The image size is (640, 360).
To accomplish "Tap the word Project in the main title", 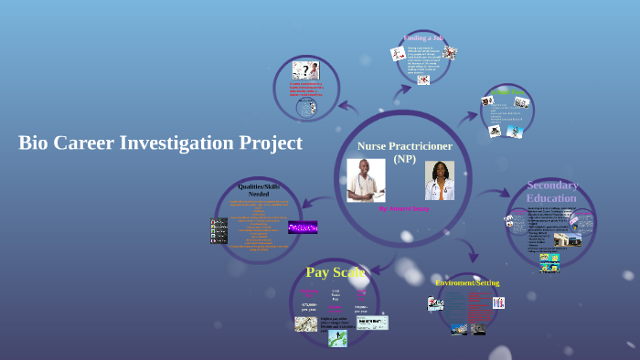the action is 270,143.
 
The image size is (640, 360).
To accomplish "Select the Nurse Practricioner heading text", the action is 404,146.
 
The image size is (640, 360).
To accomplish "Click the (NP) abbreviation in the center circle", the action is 404,159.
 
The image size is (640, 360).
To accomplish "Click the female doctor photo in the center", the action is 440,180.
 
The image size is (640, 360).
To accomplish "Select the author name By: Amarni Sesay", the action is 404,208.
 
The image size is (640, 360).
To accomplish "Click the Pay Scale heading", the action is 335,272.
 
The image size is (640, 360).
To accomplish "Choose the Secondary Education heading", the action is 552,191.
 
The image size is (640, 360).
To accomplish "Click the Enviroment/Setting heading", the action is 467,282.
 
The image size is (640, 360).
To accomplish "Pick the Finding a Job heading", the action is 423,38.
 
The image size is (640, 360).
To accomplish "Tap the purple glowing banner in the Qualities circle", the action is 303,227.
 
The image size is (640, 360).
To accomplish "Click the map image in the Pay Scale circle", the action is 305,323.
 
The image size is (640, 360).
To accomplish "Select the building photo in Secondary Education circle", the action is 567,239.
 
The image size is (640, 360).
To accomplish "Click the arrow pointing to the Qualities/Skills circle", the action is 316,202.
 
